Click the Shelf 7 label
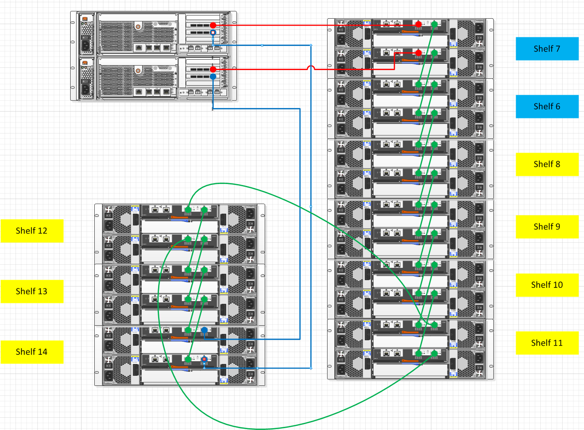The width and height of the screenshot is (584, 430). pyautogui.click(x=547, y=49)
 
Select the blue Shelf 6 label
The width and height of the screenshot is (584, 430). pyautogui.click(x=547, y=107)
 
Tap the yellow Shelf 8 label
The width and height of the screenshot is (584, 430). pyautogui.click(x=547, y=164)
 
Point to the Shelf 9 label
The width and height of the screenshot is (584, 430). pyautogui.click(x=547, y=227)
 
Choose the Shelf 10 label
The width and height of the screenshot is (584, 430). pyautogui.click(x=547, y=285)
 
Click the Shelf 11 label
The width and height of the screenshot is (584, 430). pyautogui.click(x=547, y=343)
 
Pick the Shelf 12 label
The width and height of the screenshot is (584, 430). pyautogui.click(x=32, y=231)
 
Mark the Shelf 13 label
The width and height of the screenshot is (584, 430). pyautogui.click(x=32, y=292)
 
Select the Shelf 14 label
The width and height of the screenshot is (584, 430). pyautogui.click(x=32, y=352)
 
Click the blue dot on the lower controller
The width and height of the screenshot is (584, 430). pyautogui.click(x=213, y=77)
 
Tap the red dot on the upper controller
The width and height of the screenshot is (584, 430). pyautogui.click(x=213, y=25)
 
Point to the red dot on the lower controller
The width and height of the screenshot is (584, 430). pyautogui.click(x=213, y=69)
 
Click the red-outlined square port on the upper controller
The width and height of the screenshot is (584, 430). pyautogui.click(x=213, y=33)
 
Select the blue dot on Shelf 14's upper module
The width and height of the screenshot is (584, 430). pyautogui.click(x=205, y=330)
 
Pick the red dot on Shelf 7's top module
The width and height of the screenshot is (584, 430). pyautogui.click(x=419, y=24)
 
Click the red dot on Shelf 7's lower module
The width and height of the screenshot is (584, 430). pyautogui.click(x=419, y=53)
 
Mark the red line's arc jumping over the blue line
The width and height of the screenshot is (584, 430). pyautogui.click(x=311, y=67)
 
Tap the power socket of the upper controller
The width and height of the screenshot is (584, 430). pyautogui.click(x=85, y=46)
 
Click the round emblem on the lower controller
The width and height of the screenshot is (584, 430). pyautogui.click(x=138, y=71)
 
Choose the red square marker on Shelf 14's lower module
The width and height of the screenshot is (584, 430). pyautogui.click(x=205, y=359)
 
